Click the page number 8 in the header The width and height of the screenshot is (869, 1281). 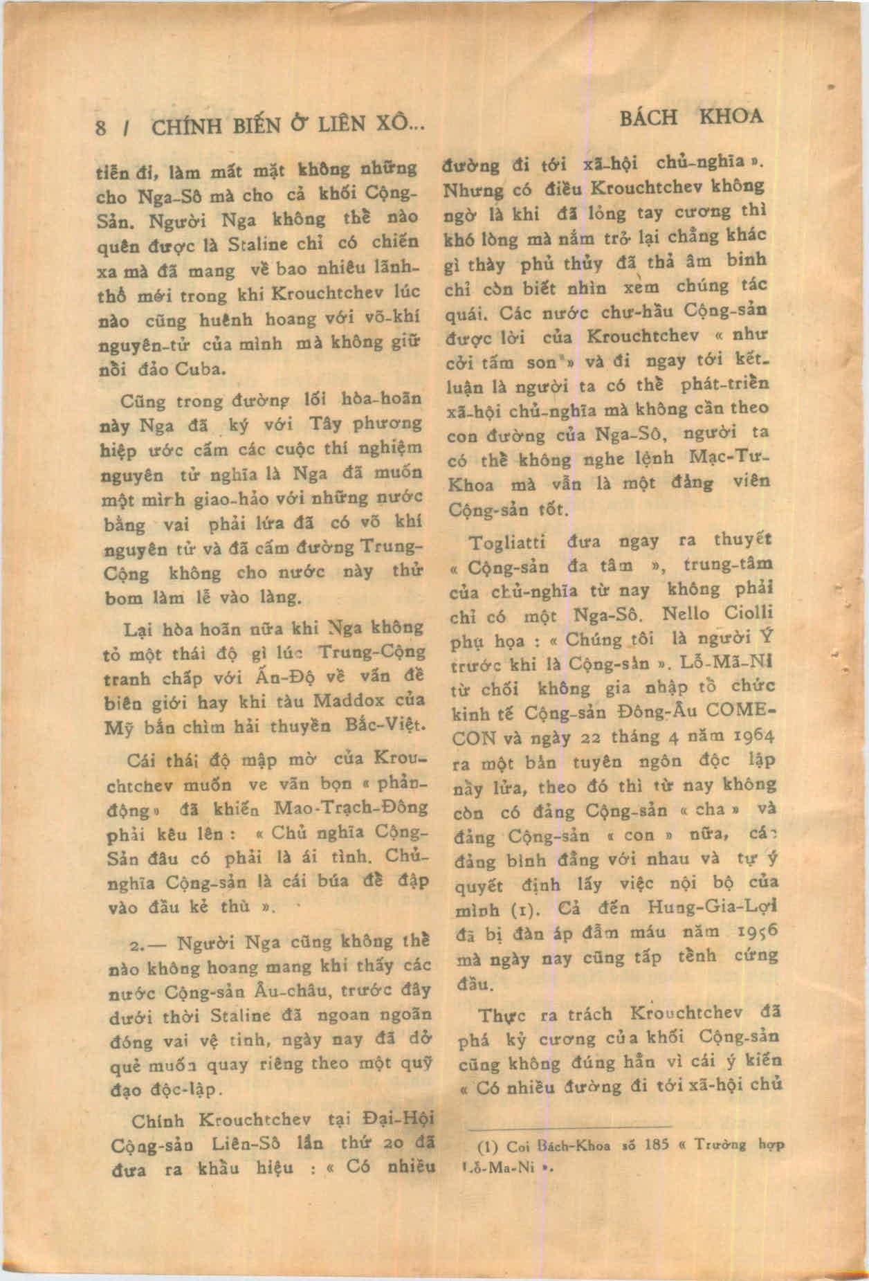pyautogui.click(x=102, y=129)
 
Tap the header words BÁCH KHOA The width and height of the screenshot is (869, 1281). pyautogui.click(x=691, y=117)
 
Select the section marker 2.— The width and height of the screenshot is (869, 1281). pyautogui.click(x=149, y=944)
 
